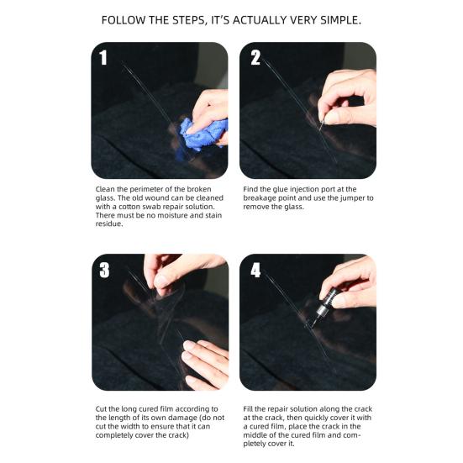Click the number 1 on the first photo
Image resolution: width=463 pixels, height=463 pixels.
coord(103,57)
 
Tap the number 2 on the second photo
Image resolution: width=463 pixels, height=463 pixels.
coord(255,57)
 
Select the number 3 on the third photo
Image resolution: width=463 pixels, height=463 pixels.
coord(104,270)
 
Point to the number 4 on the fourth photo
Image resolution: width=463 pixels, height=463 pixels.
coord(255,270)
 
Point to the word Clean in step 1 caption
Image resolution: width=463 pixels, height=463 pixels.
coord(105,189)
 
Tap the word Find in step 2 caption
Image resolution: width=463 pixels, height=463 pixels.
coord(250,189)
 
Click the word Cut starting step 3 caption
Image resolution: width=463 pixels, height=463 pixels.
coord(101,409)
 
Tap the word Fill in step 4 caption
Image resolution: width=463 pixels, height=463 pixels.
coord(248,409)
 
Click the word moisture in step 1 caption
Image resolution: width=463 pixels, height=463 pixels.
coord(171,215)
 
